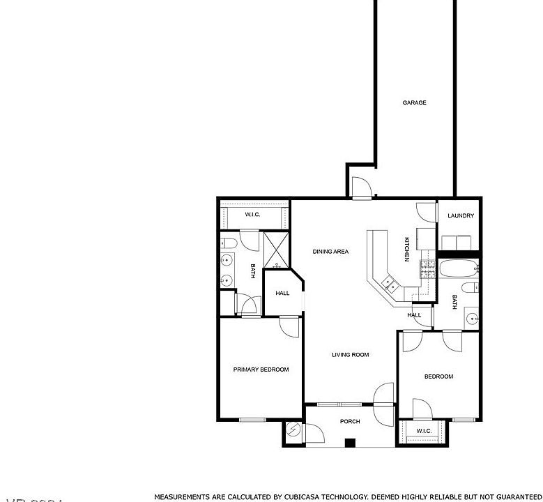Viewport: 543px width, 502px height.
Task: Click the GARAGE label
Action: coord(414,102)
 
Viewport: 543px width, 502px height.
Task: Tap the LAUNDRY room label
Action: coord(461,215)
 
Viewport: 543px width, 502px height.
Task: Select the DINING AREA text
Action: coord(330,252)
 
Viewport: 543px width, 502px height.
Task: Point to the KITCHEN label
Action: coord(407,250)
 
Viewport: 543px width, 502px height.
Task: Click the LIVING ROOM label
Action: coord(350,355)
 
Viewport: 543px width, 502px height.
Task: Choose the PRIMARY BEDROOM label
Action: coord(261,370)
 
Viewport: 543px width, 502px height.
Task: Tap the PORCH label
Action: coord(350,421)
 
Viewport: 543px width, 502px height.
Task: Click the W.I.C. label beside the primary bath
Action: coord(252,215)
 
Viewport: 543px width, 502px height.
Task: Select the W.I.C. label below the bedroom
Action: coord(424,431)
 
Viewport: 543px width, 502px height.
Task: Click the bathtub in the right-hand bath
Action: coord(458,268)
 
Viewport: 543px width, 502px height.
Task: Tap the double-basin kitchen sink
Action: coord(389,284)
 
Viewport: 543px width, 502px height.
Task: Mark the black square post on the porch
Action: coord(350,442)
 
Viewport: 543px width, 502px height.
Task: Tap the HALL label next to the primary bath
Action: coord(282,294)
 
